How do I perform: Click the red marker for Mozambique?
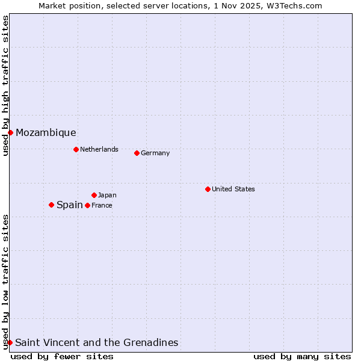(10, 132)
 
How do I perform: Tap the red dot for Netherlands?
(76, 149)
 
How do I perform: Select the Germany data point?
(137, 153)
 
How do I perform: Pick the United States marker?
(208, 189)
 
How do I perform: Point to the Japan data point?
(94, 195)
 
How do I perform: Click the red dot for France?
(87, 205)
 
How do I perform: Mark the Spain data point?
(51, 205)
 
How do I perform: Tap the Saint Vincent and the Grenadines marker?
(10, 342)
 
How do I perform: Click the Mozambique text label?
(46, 132)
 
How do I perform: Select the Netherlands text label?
(99, 149)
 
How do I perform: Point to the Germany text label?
(155, 153)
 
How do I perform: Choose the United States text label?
(233, 189)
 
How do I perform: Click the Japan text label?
(107, 195)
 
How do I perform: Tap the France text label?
(102, 205)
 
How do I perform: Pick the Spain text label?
(70, 205)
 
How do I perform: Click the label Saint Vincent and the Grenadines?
(96, 342)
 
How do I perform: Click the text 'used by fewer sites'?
(62, 356)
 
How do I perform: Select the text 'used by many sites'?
(302, 356)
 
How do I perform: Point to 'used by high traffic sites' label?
(5, 85)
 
